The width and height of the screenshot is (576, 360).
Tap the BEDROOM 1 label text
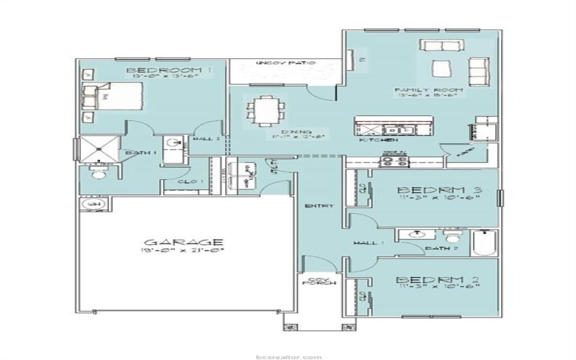(x=169, y=71)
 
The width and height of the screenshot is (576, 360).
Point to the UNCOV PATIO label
(x=286, y=64)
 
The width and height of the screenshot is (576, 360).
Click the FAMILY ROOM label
(x=428, y=91)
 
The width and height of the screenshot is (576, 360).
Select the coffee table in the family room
(x=440, y=69)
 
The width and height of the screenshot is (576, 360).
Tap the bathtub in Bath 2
(x=484, y=243)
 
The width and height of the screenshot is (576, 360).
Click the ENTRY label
(x=320, y=206)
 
